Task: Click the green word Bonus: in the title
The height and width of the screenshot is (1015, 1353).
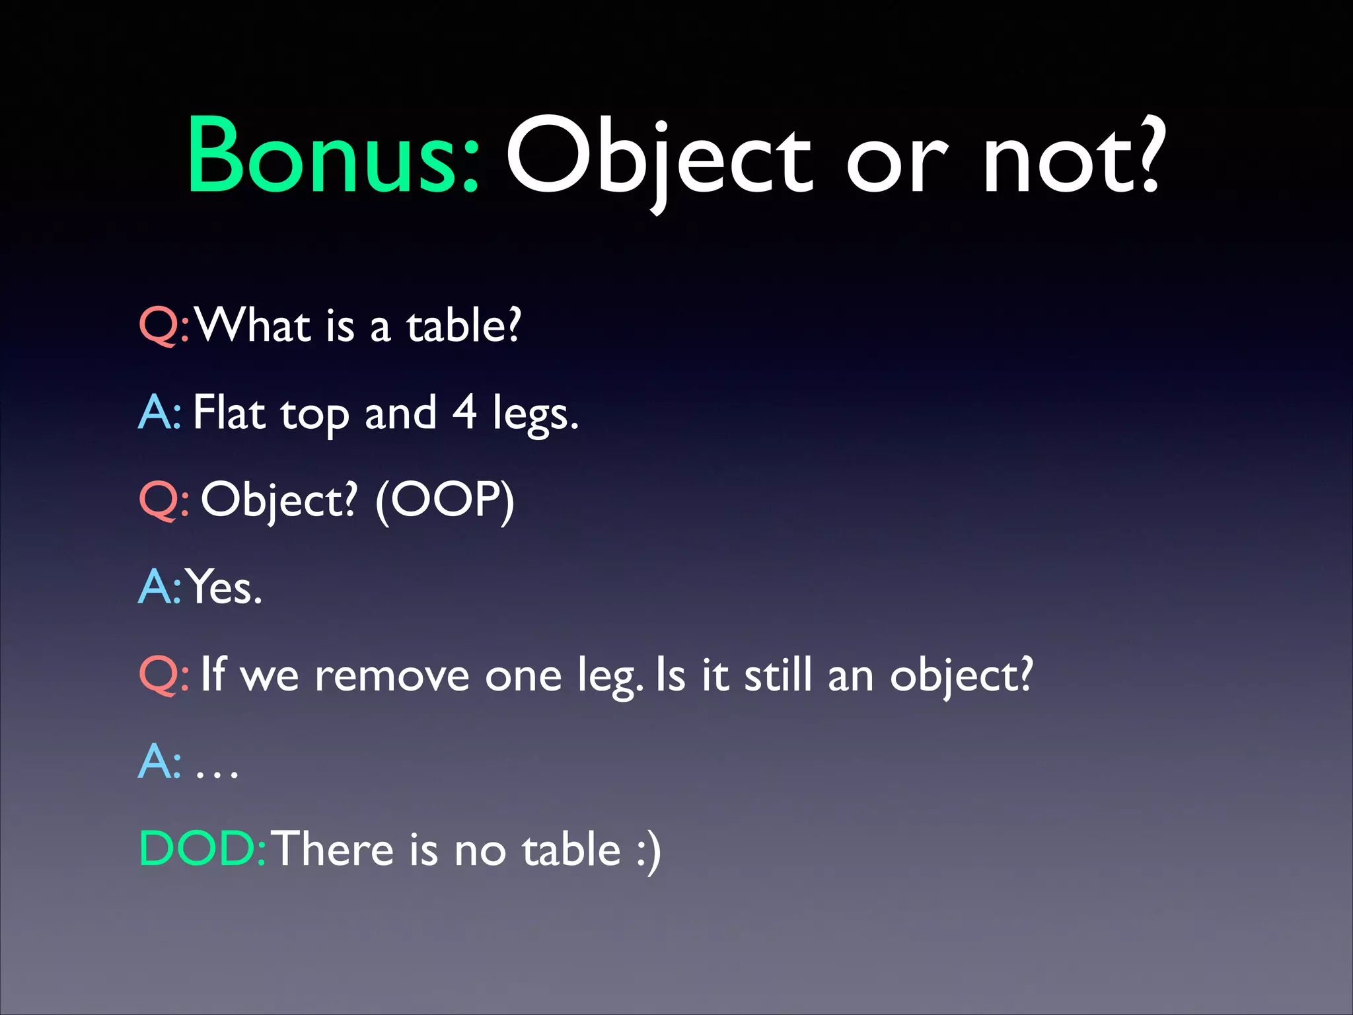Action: [x=332, y=155]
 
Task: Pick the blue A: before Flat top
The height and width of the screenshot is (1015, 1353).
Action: [x=159, y=412]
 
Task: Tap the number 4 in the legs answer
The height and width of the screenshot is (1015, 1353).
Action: [x=464, y=412]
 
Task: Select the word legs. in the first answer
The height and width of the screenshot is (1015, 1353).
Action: [x=535, y=415]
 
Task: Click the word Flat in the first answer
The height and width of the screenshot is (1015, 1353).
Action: [x=229, y=412]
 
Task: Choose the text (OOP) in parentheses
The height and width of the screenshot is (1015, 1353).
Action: [x=445, y=500]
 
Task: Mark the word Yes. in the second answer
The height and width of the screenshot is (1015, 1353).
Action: [x=225, y=587]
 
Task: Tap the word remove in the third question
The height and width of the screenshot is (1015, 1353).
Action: [x=391, y=675]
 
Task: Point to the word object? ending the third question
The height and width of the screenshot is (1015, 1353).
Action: [x=961, y=675]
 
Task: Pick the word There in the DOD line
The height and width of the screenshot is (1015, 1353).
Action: [x=333, y=848]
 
